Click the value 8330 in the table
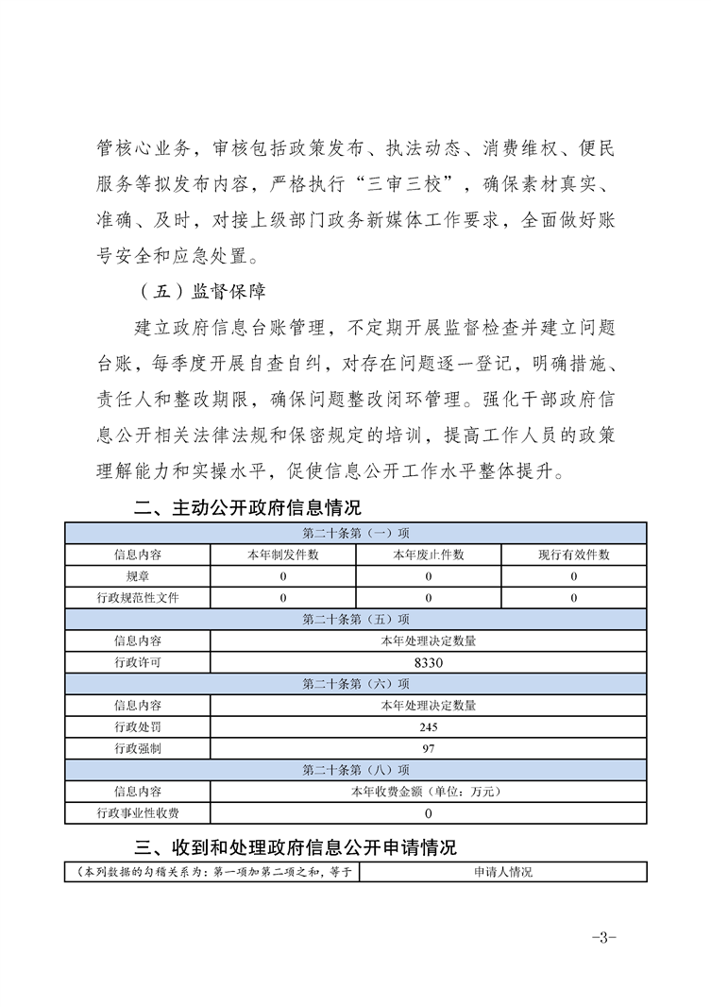429,663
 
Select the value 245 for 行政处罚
429,727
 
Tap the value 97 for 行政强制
429,748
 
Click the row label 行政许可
138,663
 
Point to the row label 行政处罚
138,727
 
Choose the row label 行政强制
138,748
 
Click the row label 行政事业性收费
138,812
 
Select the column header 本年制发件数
283,555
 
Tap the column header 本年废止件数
429,555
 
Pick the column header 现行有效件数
574,555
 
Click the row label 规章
138,575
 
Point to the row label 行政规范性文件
138,597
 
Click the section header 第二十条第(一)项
356,533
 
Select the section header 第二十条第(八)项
356,770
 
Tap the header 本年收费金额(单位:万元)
429,792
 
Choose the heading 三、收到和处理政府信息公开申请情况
296,845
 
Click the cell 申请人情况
503,872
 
